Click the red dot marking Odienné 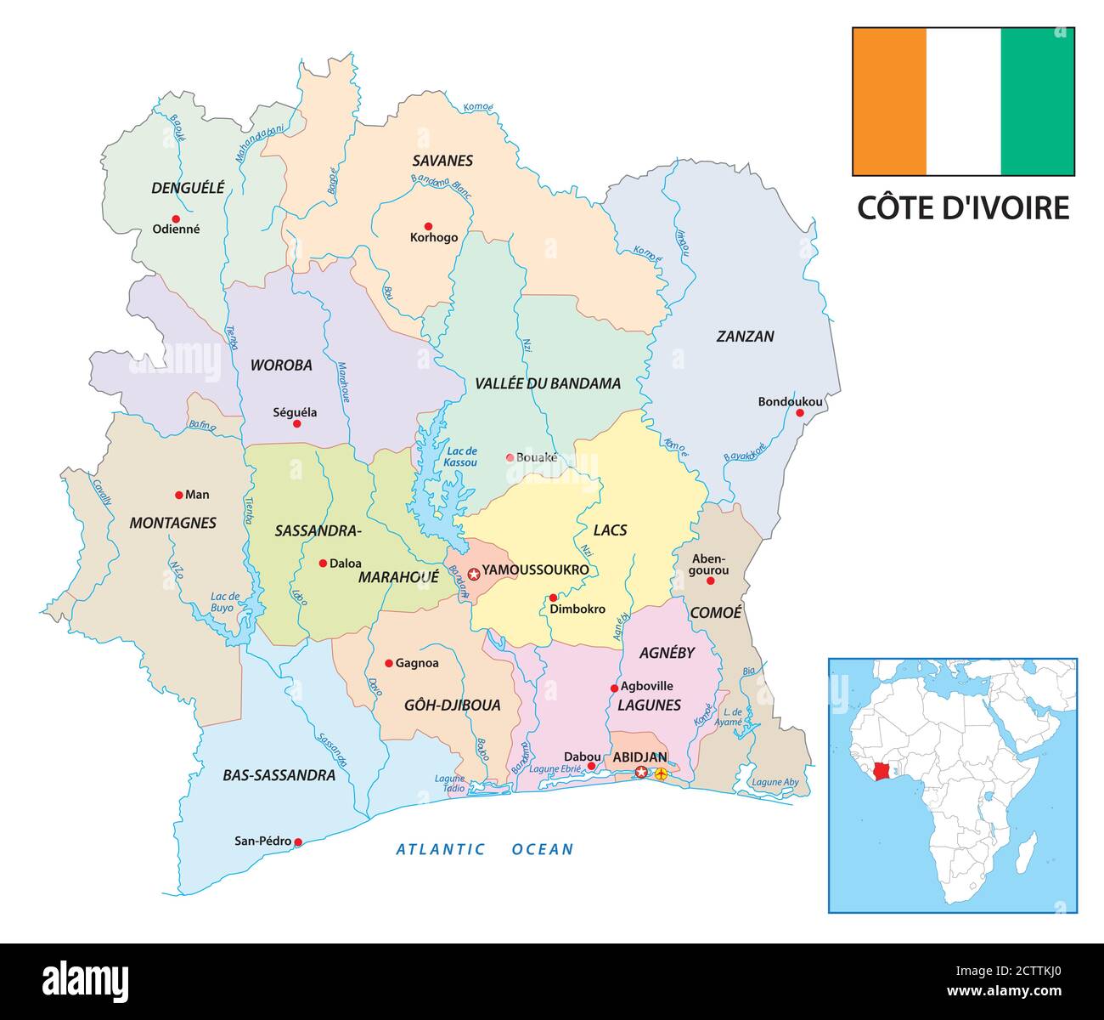point(176,218)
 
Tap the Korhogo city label point(433,238)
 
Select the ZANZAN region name point(745,337)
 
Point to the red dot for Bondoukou point(799,413)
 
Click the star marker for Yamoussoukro point(474,575)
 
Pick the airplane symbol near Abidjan point(661,773)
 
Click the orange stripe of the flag point(889,101)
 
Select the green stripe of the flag point(1037,101)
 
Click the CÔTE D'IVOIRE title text point(962,207)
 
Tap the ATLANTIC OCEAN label point(485,848)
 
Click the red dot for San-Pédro point(297,842)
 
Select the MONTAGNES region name point(172,524)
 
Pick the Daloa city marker point(323,563)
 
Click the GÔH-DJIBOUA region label point(451,705)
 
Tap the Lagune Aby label point(775,781)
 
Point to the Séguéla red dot point(296,423)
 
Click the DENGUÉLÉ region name point(188,188)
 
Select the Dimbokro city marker point(553,598)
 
